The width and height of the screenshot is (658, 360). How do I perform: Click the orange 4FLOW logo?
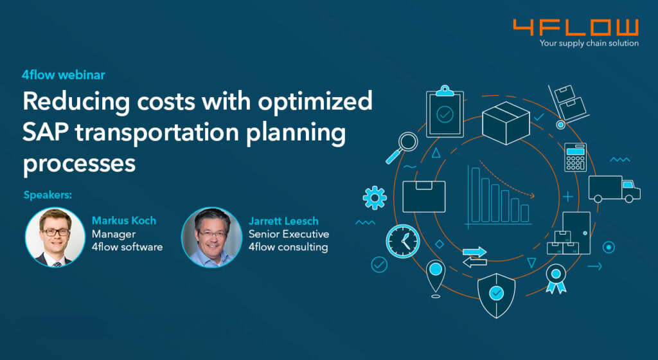click(576, 28)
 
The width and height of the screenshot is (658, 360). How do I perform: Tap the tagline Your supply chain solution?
click(589, 43)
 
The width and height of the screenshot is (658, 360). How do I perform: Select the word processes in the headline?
click(79, 163)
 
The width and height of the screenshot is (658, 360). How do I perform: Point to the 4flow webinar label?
click(64, 75)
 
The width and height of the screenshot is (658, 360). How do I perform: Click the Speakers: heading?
click(48, 195)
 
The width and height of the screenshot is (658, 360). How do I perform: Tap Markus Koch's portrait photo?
click(55, 237)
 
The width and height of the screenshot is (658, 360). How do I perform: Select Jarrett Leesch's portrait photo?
click(211, 237)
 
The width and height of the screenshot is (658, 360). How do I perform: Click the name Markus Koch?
click(124, 221)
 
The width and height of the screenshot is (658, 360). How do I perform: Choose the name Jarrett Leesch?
click(283, 221)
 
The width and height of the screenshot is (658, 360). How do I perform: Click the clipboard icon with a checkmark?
click(445, 111)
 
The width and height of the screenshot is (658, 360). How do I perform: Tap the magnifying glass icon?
click(402, 147)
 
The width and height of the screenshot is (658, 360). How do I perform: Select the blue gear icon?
click(375, 197)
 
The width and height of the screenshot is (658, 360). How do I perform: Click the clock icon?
click(403, 241)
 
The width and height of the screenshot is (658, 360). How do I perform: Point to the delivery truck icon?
click(614, 189)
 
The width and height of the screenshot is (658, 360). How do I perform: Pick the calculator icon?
click(575, 157)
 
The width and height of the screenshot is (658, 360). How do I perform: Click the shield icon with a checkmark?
click(497, 295)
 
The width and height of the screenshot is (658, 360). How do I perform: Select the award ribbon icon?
click(556, 278)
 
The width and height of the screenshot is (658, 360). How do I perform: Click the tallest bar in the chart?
click(476, 195)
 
